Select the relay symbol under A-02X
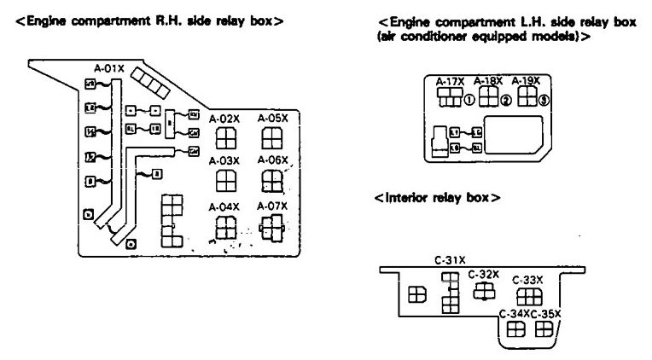[x=225, y=138]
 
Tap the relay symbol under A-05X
[x=272, y=138]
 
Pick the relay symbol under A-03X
[x=225, y=181]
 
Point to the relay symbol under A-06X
[x=272, y=181]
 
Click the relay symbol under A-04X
[x=225, y=227]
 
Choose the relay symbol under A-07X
[x=272, y=226]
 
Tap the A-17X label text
[x=450, y=82]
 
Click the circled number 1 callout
[x=469, y=100]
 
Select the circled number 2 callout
[x=506, y=100]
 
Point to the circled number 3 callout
[x=544, y=100]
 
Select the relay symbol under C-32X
[x=484, y=291]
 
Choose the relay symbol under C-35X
[x=544, y=330]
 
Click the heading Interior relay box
[x=437, y=198]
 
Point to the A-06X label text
[x=273, y=160]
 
